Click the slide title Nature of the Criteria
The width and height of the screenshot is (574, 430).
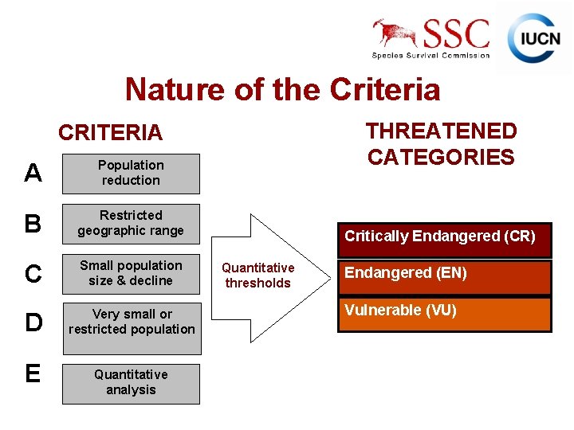tap(282, 89)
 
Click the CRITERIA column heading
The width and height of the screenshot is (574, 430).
tap(110, 132)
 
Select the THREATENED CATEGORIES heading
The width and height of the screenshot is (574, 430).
tap(441, 143)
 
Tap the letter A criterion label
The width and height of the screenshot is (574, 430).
tap(33, 173)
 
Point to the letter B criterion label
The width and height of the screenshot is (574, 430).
tap(33, 224)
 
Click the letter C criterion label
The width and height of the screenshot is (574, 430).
tap(33, 274)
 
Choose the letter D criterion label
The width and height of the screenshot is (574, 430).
tap(33, 322)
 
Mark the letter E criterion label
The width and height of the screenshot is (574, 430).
tap(33, 373)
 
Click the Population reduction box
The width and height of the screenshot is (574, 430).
tap(131, 174)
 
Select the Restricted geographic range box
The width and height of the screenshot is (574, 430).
tap(131, 224)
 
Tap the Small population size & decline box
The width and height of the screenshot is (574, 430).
tap(131, 273)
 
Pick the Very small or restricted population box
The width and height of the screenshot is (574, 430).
tap(132, 322)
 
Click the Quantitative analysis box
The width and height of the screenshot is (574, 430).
tap(131, 382)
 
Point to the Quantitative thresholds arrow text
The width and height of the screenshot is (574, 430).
tap(258, 276)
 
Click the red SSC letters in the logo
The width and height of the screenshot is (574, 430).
tap(456, 34)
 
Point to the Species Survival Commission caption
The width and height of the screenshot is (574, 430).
tap(431, 56)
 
